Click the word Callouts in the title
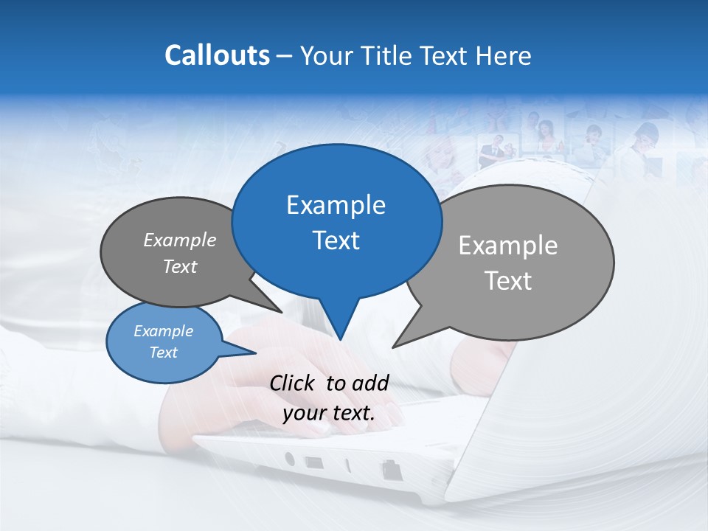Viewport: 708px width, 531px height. tap(217, 55)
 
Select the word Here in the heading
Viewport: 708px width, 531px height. tap(503, 55)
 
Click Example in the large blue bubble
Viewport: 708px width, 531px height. tap(336, 205)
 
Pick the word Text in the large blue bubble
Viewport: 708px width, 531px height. tap(336, 240)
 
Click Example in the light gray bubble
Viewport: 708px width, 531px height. tap(508, 246)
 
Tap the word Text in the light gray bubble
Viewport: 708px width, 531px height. tap(508, 281)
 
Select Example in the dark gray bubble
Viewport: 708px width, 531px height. tap(180, 240)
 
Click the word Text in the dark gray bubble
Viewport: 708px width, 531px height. tap(180, 266)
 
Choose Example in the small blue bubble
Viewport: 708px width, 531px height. tap(163, 331)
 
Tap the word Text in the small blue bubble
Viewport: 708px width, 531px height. tap(163, 353)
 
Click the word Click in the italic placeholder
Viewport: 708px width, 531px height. tap(292, 383)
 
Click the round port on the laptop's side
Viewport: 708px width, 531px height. tap(290, 459)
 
